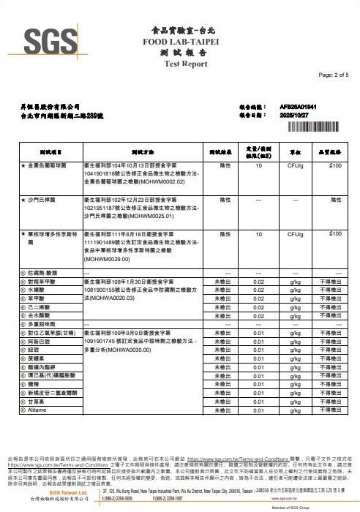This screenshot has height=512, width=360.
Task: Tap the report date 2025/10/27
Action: [296, 115]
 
